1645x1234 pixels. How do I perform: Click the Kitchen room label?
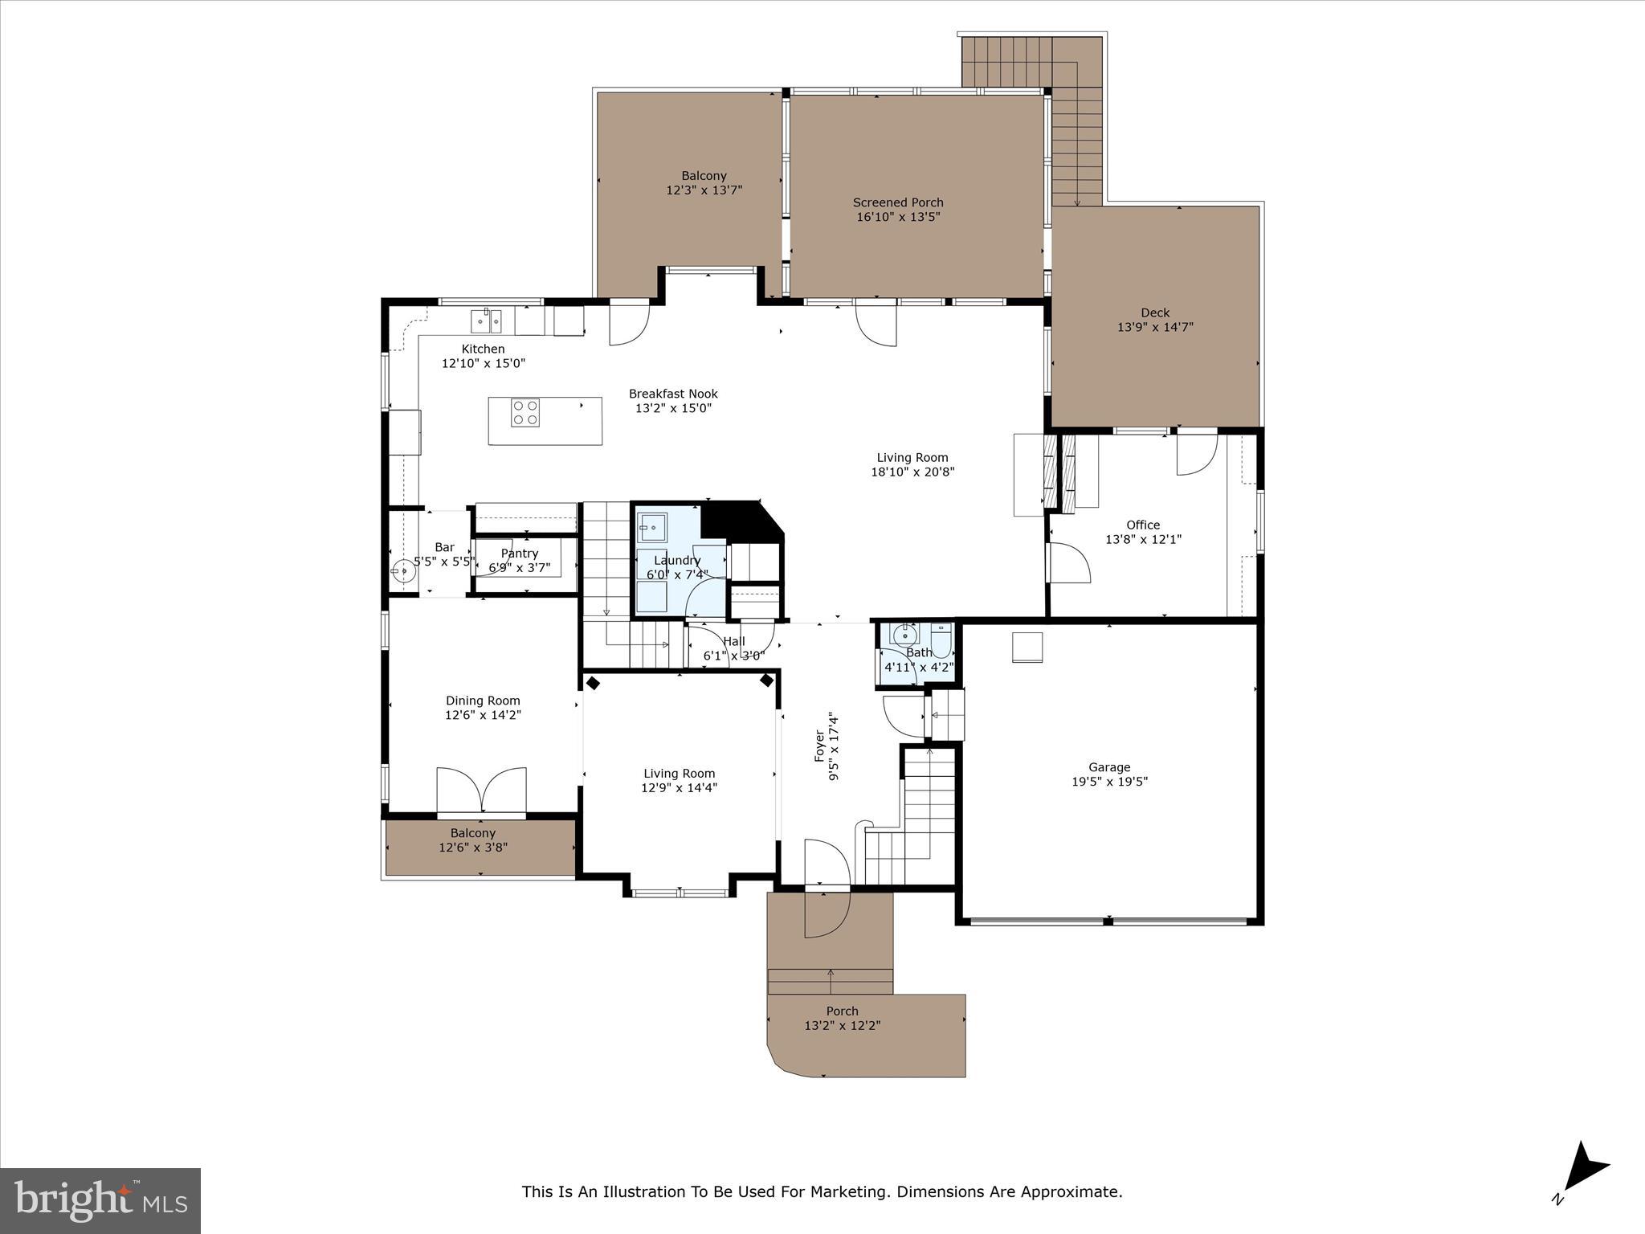[x=483, y=349]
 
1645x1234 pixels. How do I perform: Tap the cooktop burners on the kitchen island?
[x=525, y=413]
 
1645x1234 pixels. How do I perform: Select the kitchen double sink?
[x=486, y=321]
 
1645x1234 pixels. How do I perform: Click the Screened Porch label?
[x=898, y=202]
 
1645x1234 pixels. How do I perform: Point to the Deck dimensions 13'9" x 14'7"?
[x=1155, y=327]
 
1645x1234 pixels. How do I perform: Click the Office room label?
[x=1142, y=525]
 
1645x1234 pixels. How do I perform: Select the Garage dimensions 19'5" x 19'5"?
[x=1109, y=781]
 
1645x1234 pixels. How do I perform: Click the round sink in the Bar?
[x=403, y=572]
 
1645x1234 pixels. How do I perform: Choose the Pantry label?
[x=519, y=554]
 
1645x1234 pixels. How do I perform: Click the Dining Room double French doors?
[x=481, y=791]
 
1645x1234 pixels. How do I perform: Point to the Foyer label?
[x=820, y=746]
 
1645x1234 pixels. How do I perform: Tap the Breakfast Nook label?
[x=673, y=394]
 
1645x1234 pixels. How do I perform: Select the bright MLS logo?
[x=100, y=1200]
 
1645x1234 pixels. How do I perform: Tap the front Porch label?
[x=842, y=1011]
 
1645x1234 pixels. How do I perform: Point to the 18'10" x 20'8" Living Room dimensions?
[x=912, y=472]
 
